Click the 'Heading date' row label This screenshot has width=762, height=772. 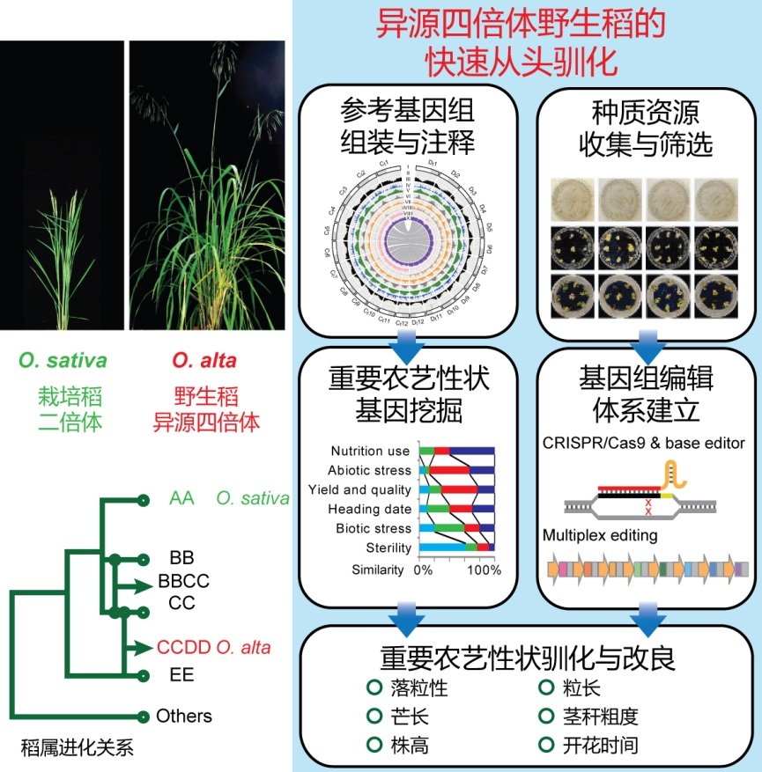pos(370,509)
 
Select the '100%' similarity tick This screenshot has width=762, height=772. pos(484,570)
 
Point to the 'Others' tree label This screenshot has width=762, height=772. pos(184,716)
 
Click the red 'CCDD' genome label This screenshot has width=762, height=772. pos(184,648)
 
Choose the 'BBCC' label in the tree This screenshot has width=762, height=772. pos(184,581)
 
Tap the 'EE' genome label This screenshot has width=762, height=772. pos(182,675)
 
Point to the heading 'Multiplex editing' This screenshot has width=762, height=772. pos(600,534)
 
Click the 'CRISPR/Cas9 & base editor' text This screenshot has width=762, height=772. pos(644,442)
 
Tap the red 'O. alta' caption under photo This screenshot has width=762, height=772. pos(204,361)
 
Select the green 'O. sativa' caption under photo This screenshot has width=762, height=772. pos(63,361)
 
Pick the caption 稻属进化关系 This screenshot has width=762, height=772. pos(77,750)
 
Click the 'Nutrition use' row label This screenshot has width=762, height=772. pos(371,451)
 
